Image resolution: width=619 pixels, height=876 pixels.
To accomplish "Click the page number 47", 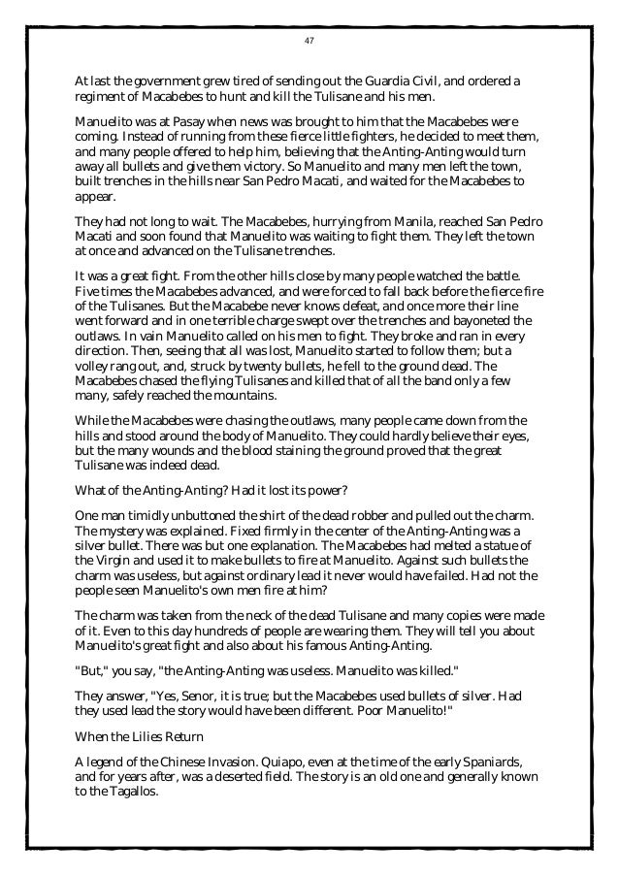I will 309,40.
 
